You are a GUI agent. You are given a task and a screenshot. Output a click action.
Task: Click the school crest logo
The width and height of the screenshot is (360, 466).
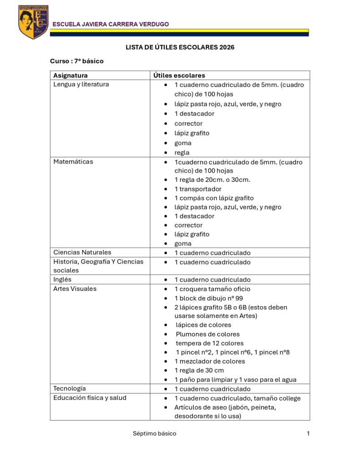(33, 22)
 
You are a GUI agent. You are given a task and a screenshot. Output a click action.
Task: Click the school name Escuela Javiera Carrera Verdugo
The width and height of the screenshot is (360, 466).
(111, 24)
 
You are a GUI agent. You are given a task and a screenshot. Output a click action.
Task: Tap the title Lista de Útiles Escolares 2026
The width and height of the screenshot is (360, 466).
(180, 47)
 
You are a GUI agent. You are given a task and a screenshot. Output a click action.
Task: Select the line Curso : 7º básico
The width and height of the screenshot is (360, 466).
(76, 61)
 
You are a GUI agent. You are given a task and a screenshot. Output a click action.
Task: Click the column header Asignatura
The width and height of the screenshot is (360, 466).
(71, 76)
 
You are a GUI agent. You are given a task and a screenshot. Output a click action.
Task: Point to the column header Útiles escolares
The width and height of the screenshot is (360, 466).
(179, 76)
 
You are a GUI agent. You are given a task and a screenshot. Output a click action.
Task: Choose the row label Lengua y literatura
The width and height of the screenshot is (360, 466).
(81, 84)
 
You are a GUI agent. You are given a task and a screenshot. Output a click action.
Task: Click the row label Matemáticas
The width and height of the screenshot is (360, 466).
(73, 162)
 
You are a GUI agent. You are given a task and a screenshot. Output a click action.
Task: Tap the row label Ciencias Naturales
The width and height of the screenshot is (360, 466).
(82, 252)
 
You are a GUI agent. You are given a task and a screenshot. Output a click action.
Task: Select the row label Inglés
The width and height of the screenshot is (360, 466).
(62, 279)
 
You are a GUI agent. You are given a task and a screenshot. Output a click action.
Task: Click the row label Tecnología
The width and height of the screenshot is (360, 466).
(69, 389)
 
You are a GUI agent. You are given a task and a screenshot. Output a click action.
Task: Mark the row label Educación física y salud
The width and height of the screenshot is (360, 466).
(90, 398)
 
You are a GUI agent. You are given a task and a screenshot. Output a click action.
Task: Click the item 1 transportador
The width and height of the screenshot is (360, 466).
(198, 189)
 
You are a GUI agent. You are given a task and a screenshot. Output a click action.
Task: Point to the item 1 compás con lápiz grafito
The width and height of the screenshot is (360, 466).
(214, 198)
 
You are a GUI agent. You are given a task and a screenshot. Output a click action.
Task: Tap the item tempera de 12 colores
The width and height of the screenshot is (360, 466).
(210, 343)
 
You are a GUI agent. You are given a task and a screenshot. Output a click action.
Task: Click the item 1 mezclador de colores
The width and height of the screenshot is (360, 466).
(210, 361)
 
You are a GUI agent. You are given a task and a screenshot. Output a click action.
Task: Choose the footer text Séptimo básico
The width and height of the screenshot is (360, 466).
(154, 433)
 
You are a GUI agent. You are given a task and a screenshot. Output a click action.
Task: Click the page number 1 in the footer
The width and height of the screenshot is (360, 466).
(308, 433)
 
